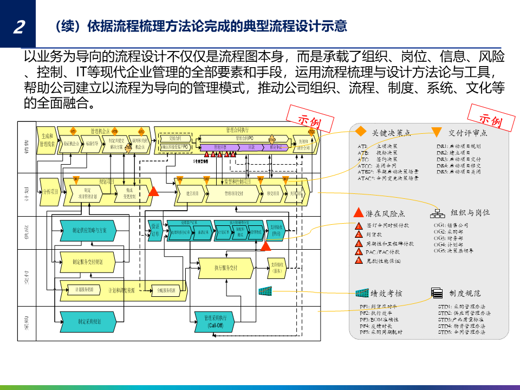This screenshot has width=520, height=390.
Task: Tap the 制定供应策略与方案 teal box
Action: [93, 230]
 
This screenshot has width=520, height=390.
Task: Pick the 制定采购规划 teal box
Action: [89, 321]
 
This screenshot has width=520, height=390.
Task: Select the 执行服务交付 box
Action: [226, 268]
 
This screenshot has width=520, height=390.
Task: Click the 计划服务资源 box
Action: [88, 290]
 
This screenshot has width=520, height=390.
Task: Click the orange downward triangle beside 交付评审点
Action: [437, 132]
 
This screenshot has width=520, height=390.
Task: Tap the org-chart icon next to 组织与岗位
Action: [437, 213]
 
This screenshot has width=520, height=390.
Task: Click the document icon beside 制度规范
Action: [437, 293]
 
